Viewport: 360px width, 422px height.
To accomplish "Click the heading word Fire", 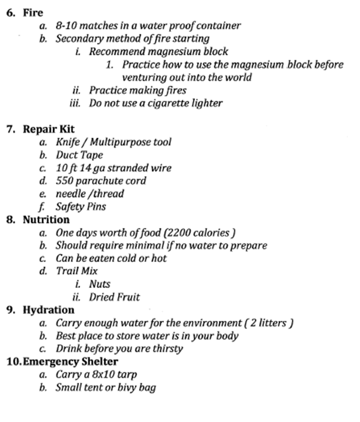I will click(x=33, y=13).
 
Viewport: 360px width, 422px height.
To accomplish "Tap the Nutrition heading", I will click(x=46, y=219).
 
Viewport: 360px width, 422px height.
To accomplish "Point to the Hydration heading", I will click(x=48, y=310).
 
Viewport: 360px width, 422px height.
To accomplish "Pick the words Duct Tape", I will click(x=80, y=155).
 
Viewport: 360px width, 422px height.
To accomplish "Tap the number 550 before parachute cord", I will click(x=64, y=181).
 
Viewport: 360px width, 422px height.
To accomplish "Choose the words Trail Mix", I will click(x=77, y=271).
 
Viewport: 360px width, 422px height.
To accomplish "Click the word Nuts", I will click(x=100, y=284).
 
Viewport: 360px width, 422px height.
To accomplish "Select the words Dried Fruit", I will click(x=114, y=297).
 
